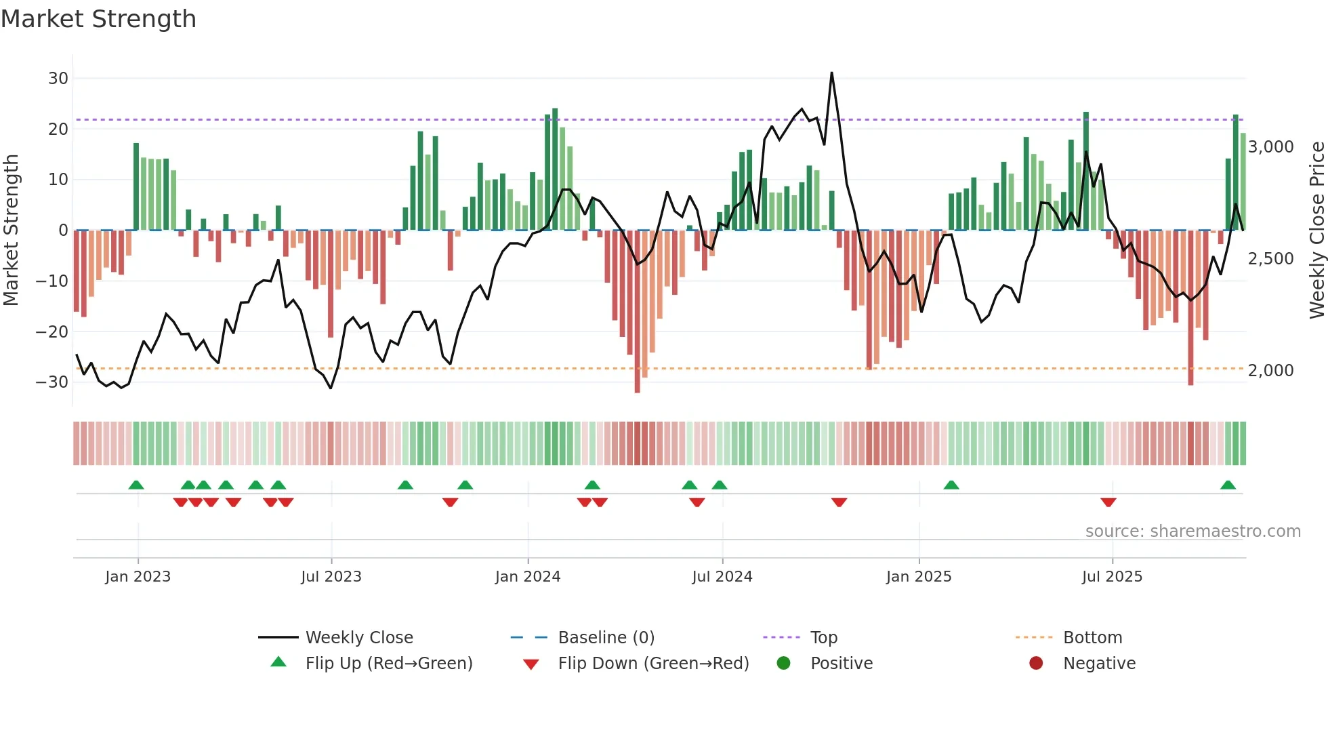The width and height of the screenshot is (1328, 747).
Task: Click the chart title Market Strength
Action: point(98,19)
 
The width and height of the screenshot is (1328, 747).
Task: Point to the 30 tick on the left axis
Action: point(58,79)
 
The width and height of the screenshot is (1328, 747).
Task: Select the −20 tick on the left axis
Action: point(52,332)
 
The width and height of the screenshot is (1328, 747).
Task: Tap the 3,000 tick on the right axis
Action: point(1270,147)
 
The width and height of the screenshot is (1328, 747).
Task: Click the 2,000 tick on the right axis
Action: point(1270,371)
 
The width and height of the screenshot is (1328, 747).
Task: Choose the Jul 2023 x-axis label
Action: point(331,577)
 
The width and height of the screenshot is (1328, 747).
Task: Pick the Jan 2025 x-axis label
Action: point(919,577)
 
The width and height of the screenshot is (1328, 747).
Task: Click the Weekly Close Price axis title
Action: point(1316,230)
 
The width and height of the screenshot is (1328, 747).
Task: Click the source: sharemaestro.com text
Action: point(1192,531)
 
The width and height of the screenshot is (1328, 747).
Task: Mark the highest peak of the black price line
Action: point(831,73)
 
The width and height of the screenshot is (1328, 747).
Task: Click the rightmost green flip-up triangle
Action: point(1228,485)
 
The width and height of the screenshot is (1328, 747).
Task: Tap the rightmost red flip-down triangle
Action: point(1108,502)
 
